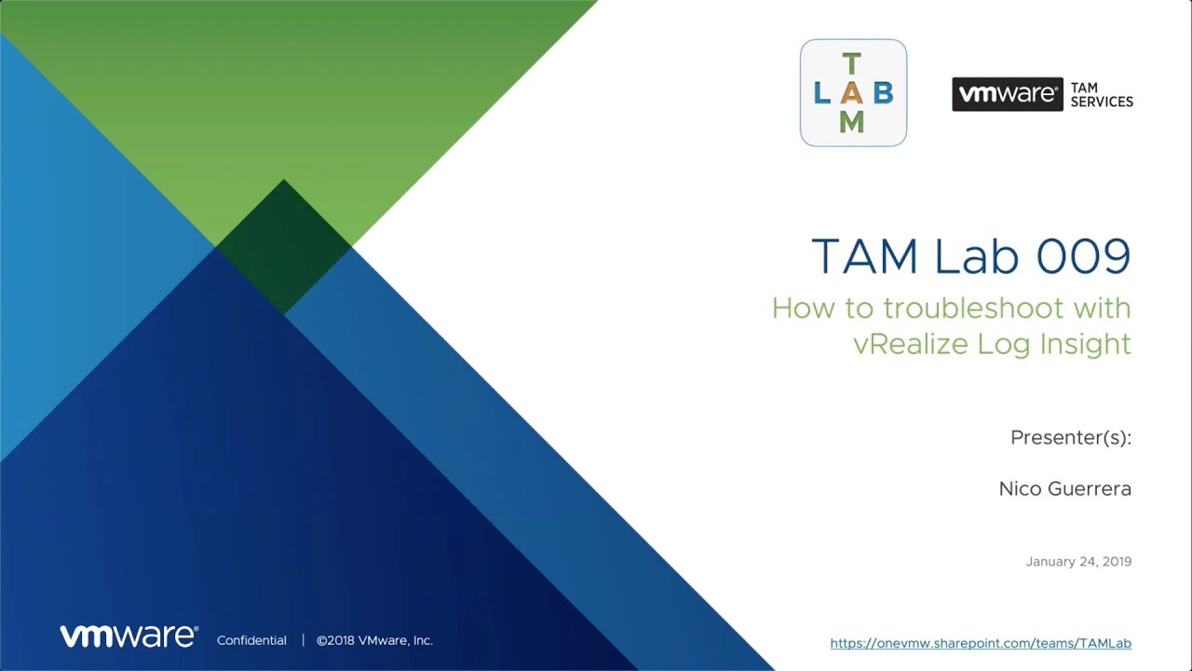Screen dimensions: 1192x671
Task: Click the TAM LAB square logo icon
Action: (x=853, y=92)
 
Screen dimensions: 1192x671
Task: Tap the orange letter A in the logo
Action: (x=851, y=93)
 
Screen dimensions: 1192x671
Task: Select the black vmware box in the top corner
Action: (x=1008, y=94)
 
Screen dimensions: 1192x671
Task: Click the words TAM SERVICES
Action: (x=1102, y=94)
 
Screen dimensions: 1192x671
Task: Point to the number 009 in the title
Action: (x=1083, y=256)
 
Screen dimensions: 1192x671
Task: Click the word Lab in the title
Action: (x=976, y=255)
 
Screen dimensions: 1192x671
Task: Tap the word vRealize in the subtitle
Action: (x=911, y=344)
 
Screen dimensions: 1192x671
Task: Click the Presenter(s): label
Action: (x=1071, y=438)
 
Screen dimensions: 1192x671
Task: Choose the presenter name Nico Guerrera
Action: (x=1064, y=488)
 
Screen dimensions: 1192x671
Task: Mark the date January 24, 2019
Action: (x=1078, y=561)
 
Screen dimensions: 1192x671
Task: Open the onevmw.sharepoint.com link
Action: (x=981, y=643)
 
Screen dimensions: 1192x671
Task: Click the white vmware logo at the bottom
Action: (x=129, y=637)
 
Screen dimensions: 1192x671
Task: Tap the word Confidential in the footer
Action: (x=251, y=640)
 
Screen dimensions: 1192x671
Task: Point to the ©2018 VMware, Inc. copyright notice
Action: (x=374, y=640)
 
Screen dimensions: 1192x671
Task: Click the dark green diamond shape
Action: (x=283, y=247)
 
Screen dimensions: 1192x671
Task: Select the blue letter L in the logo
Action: (x=821, y=93)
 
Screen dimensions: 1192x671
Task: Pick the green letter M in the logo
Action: (x=851, y=121)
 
